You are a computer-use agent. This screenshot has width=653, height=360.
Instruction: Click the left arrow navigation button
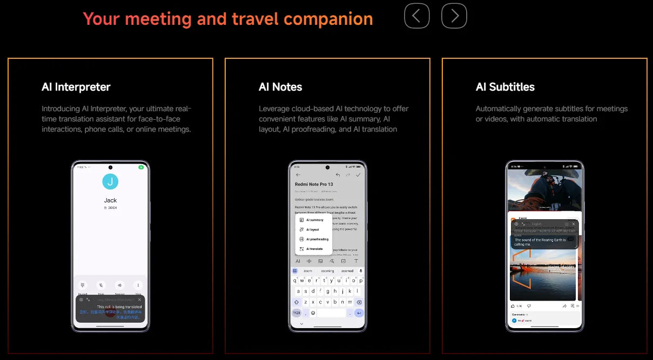pyautogui.click(x=416, y=16)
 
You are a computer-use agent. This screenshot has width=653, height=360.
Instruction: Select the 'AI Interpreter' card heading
pyautogui.click(x=76, y=87)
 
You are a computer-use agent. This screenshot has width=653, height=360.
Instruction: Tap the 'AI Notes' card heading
pyautogui.click(x=280, y=87)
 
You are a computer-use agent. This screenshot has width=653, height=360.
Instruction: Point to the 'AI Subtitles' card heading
pyautogui.click(x=505, y=87)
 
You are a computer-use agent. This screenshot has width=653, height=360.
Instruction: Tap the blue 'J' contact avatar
pyautogui.click(x=110, y=181)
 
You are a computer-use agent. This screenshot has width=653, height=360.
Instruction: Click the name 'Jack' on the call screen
pyautogui.click(x=110, y=200)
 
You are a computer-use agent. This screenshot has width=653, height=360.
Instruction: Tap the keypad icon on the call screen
pyautogui.click(x=83, y=285)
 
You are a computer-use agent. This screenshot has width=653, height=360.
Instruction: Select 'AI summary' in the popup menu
pyautogui.click(x=314, y=220)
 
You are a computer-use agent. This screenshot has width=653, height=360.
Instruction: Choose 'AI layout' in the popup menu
pyautogui.click(x=312, y=230)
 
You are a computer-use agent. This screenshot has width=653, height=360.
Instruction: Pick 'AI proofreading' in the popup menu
pyautogui.click(x=317, y=239)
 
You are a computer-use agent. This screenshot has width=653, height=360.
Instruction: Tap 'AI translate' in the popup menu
pyautogui.click(x=314, y=249)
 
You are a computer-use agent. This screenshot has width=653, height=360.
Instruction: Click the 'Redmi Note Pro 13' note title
pyautogui.click(x=314, y=184)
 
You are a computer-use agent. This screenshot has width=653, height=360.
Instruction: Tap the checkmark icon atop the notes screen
pyautogui.click(x=358, y=175)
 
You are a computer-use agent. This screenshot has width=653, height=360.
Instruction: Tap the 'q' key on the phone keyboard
pyautogui.click(x=295, y=281)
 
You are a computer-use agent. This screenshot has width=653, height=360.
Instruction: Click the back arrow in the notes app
pyautogui.click(x=298, y=175)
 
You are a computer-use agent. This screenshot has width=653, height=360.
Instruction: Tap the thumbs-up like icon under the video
pyautogui.click(x=514, y=306)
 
